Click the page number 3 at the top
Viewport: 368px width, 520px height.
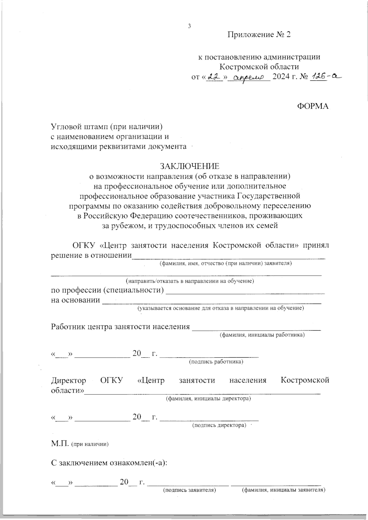point(189,26)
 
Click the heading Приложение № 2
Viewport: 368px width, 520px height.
point(259,35)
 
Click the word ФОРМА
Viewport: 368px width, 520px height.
point(313,106)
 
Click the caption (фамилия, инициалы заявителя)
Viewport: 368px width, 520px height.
point(284,490)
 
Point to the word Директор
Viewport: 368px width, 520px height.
point(68,380)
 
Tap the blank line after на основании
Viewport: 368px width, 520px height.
point(212,302)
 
